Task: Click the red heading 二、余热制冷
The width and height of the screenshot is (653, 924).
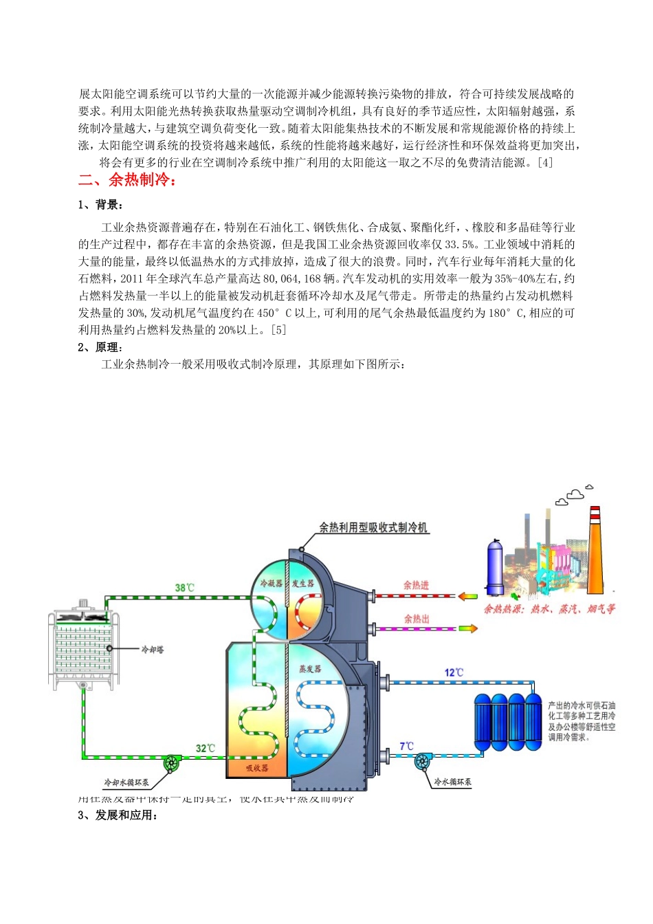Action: coord(128,181)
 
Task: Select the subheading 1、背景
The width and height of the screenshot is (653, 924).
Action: coord(100,205)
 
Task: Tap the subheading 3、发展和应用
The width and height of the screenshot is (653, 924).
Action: coord(118,815)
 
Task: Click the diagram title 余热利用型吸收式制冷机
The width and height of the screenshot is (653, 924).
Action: coord(373,527)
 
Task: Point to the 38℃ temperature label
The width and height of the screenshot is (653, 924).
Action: coord(184,588)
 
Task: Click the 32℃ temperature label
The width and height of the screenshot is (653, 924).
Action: coord(205,749)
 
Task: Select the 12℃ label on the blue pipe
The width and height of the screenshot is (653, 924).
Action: coord(454,672)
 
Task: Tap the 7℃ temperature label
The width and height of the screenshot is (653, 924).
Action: coord(407,746)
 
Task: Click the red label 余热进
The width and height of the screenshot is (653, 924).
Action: coord(416,585)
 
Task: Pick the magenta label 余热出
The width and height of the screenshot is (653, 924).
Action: coord(417,619)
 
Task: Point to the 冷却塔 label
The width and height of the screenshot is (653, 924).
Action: coord(152,649)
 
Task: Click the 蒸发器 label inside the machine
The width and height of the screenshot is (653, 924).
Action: coord(310,668)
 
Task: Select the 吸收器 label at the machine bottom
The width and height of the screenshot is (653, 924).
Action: coord(256,768)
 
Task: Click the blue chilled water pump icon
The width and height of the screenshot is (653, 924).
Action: coord(422,761)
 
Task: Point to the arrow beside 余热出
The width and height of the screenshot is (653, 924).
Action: coord(468,628)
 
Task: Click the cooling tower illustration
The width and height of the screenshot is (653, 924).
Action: coord(83,646)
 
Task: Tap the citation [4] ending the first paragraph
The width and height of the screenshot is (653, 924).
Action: coord(544,163)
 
